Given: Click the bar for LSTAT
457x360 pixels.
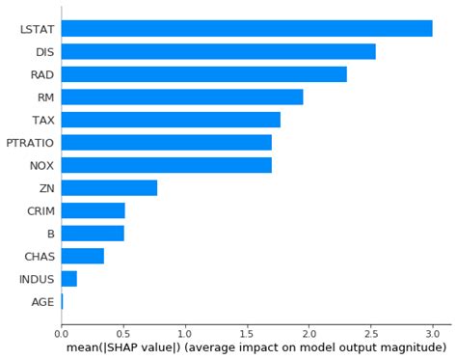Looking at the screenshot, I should [247, 29].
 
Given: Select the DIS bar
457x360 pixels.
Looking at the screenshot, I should [218, 52].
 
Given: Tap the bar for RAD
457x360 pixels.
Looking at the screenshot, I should [203, 74].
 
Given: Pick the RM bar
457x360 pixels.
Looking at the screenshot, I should [182, 97].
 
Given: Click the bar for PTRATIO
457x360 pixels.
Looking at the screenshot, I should [166, 142].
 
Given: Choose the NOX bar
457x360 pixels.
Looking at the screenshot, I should [166, 165].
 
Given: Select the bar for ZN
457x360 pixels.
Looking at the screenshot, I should [109, 187].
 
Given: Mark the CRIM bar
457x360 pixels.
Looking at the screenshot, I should [93, 210].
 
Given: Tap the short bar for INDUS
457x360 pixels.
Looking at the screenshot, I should [68, 279].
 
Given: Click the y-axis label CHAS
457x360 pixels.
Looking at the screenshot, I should [39, 257].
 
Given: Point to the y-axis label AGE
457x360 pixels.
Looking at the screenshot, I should [41, 302].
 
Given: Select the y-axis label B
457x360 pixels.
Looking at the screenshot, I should [50, 234].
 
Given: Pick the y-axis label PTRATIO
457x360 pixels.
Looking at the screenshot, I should [30, 143].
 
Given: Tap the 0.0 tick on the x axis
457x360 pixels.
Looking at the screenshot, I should [62, 333].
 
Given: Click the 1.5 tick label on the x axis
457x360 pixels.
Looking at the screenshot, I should [247, 333].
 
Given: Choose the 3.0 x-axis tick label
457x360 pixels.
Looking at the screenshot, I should [432, 333].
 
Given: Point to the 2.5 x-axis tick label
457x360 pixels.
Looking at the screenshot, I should [370, 333].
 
